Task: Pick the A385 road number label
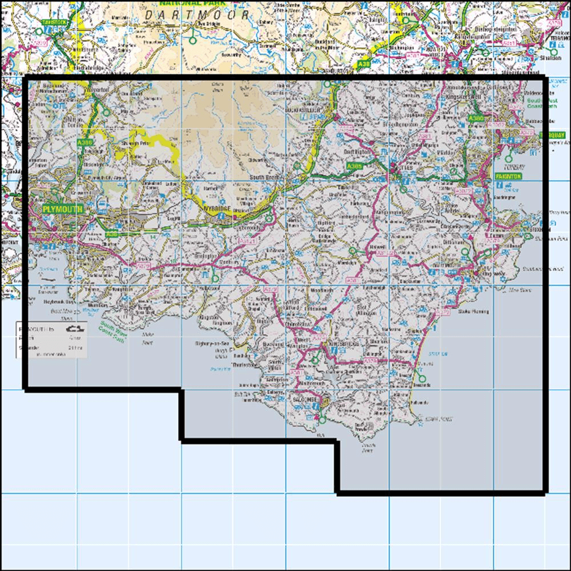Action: (x=355, y=166)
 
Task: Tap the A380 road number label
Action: (x=475, y=118)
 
